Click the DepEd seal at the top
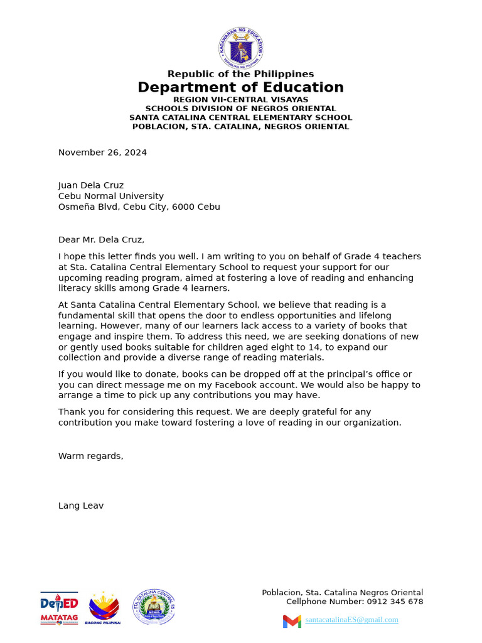[241, 48]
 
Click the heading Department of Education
[241, 87]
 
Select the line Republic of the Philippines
[241, 74]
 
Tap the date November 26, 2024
[102, 153]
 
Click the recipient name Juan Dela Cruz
[91, 185]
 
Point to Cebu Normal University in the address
[111, 196]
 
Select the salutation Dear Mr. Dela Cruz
[101, 239]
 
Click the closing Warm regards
[91, 456]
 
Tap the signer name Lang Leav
[81, 505]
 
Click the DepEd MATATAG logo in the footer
[60, 608]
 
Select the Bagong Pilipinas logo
[104, 608]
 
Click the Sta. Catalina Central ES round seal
[154, 607]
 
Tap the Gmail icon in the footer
[292, 621]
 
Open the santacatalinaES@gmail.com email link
[351, 620]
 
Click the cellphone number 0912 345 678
[395, 602]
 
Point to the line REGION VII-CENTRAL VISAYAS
[241, 100]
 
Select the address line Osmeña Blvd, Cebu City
[139, 207]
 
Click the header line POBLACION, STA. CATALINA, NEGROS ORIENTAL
[241, 126]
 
